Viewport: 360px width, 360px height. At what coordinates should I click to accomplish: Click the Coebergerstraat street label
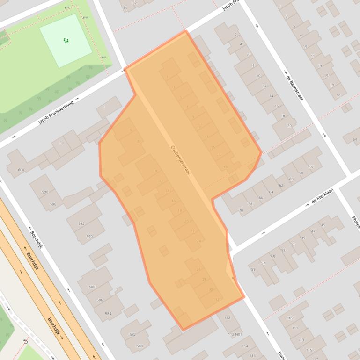[x=181, y=160]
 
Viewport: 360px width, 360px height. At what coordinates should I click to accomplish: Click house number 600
[x=21, y=170]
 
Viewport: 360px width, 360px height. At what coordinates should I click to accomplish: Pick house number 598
[x=45, y=192]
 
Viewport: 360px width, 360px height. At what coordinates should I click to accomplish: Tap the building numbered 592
[x=81, y=224]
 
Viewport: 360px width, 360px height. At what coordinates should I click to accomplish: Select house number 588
[x=92, y=287]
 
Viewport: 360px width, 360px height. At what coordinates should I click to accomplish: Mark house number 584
[x=108, y=313]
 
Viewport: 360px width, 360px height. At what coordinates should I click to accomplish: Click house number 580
[x=140, y=346]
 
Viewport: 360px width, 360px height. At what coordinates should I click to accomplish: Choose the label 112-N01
[x=235, y=334]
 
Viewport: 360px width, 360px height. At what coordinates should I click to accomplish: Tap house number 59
[x=253, y=269]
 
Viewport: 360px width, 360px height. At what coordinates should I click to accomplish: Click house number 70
[x=241, y=210]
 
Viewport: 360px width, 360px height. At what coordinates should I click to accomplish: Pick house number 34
[x=125, y=8]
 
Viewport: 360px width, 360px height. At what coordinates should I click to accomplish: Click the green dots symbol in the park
[x=66, y=40]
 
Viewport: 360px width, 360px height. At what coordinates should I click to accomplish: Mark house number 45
[x=323, y=225]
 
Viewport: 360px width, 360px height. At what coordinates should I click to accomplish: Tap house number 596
[x=53, y=204]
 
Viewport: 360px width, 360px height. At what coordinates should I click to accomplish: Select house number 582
[x=132, y=334]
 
